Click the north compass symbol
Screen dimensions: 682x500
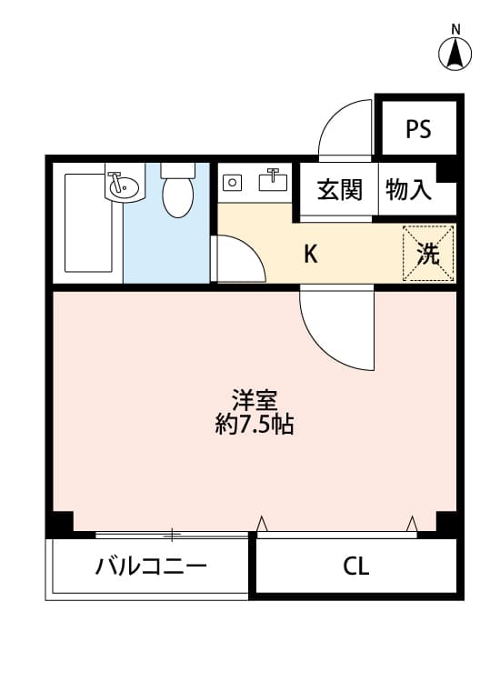click(455, 55)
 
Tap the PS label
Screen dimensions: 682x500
click(418, 129)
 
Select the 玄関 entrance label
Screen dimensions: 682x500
click(340, 190)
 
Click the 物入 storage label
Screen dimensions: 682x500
click(408, 190)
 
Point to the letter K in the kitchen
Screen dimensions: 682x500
click(311, 255)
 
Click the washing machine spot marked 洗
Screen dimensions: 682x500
click(427, 255)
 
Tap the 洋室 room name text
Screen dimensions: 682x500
click(254, 400)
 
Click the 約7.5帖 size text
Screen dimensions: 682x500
click(254, 425)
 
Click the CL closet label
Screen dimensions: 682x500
click(356, 567)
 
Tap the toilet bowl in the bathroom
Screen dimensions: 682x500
click(177, 194)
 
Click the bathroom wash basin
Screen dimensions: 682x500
click(123, 186)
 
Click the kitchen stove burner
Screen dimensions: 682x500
click(233, 183)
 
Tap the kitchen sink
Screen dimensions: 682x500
click(273, 181)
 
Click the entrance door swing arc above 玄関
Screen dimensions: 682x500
click(345, 127)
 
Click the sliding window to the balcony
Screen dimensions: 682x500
click(173, 535)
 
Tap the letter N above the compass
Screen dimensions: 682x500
click(455, 28)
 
